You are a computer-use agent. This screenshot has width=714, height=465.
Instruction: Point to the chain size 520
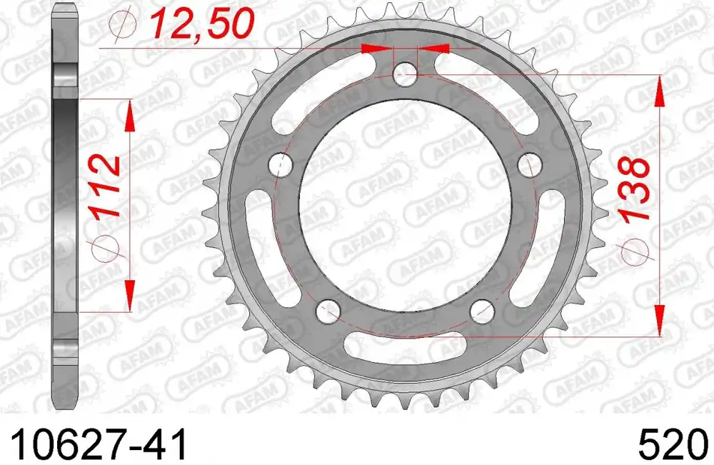674,444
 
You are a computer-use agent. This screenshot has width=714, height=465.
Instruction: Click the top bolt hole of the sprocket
405,74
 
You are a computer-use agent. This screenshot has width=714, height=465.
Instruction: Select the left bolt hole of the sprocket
281,165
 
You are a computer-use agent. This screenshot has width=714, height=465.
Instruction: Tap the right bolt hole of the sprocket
530,165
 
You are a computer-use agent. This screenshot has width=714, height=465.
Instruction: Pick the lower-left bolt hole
328,310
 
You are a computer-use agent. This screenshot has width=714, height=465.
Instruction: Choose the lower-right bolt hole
482,310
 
